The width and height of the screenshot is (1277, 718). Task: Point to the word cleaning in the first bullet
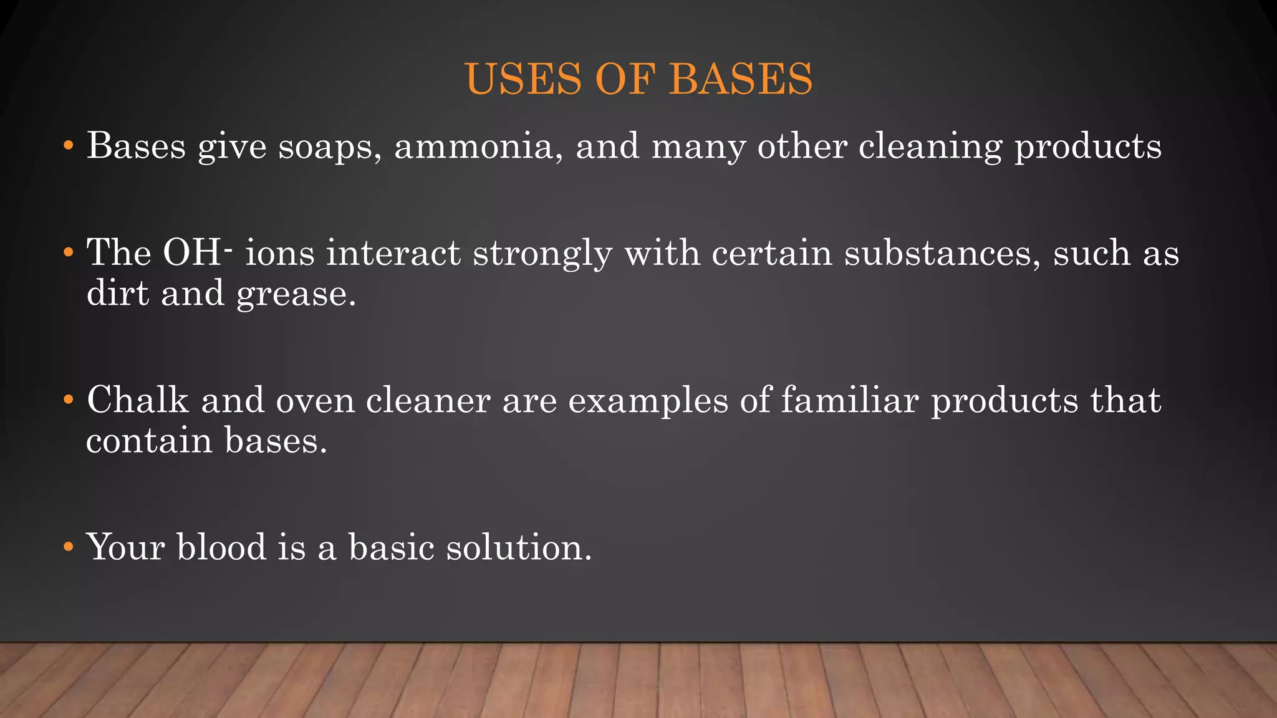click(930, 147)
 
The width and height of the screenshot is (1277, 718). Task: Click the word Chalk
click(137, 400)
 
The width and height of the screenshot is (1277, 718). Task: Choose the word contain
click(149, 441)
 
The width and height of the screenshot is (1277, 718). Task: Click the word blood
click(221, 547)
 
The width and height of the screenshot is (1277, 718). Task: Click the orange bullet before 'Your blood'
click(69, 548)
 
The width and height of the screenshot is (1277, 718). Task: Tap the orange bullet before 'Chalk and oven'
click(69, 401)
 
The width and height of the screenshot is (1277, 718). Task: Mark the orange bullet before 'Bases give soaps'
click(69, 147)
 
